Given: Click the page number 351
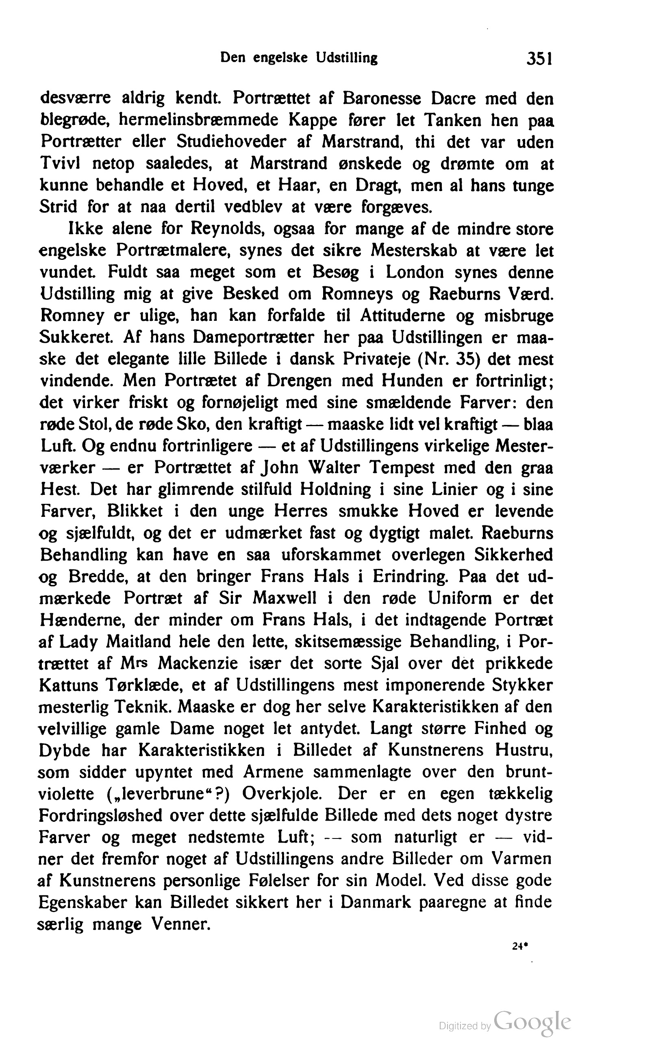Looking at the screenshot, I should (539, 58).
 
